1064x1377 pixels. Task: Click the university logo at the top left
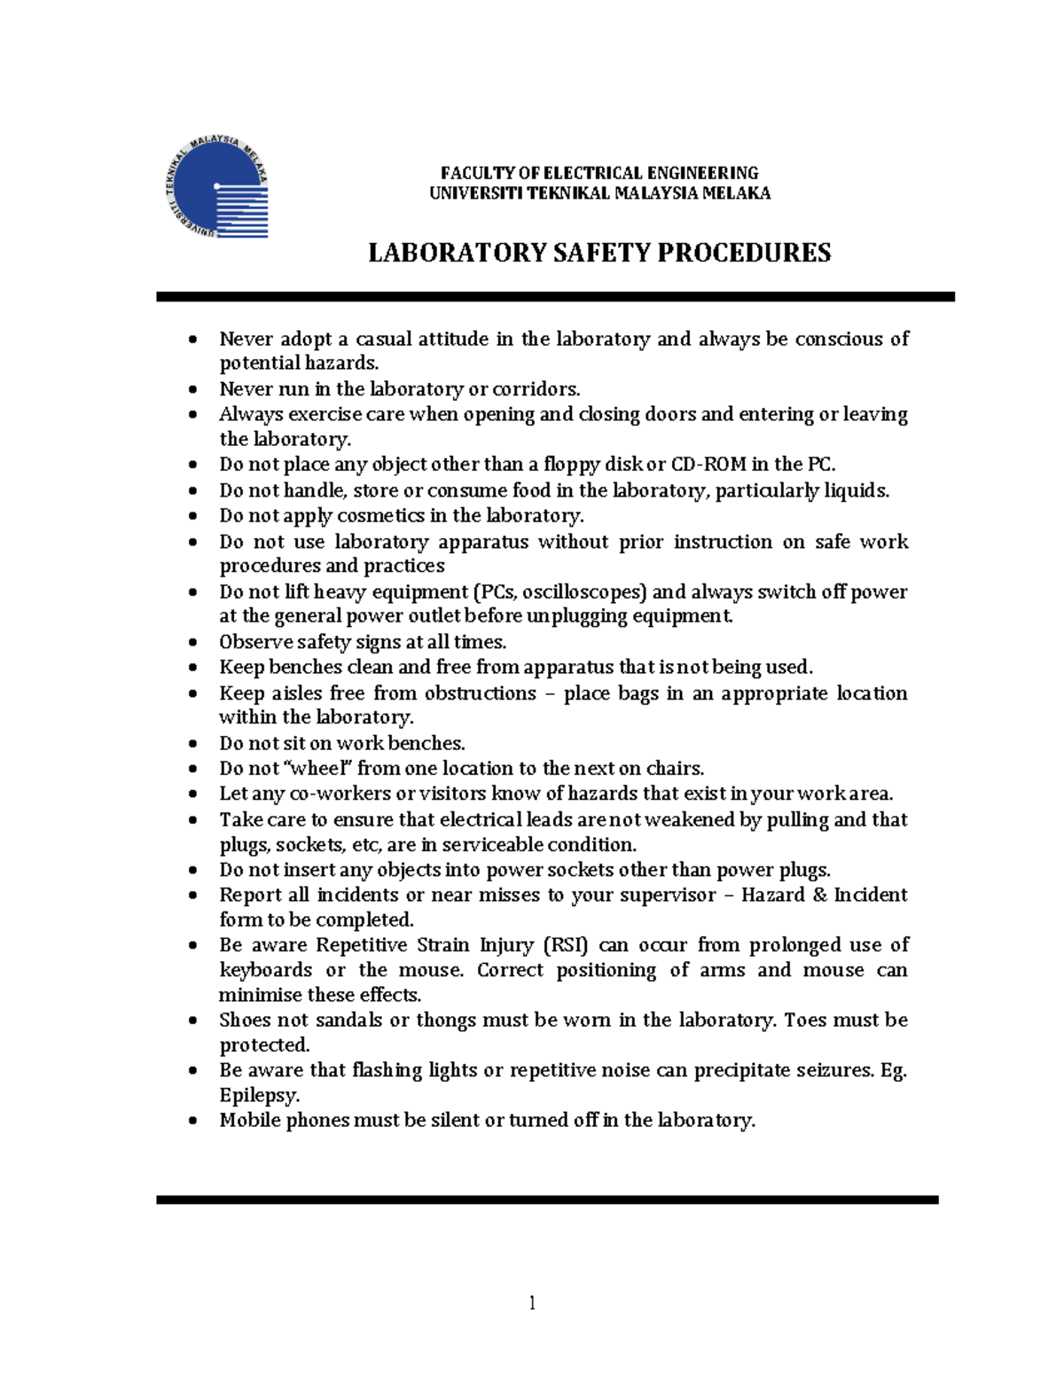click(x=217, y=187)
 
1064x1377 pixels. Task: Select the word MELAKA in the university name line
click(x=736, y=193)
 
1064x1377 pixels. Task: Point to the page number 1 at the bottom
click(x=532, y=1303)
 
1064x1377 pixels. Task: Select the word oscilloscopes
click(x=591, y=592)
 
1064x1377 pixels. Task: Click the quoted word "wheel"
click(x=317, y=769)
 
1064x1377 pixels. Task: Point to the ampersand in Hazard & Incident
click(x=820, y=896)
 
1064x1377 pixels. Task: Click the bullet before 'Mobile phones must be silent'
click(x=193, y=1122)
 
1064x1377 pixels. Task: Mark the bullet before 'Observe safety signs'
click(x=193, y=643)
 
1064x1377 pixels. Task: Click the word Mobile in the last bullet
click(x=249, y=1121)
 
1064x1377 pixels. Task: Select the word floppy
click(x=573, y=465)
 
